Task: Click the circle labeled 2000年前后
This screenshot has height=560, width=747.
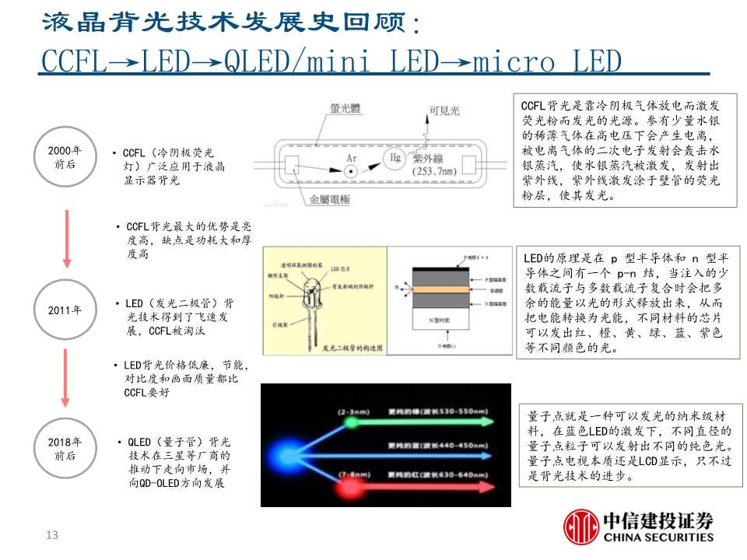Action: click(65, 156)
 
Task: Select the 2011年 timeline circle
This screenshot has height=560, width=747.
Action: click(65, 310)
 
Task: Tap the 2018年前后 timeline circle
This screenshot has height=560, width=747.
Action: click(65, 449)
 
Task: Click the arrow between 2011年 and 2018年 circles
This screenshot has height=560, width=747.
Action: click(65, 380)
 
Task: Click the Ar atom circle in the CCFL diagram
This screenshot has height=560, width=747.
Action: click(352, 170)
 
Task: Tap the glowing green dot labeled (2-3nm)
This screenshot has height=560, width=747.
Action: click(351, 422)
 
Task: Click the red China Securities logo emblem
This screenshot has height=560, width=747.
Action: click(580, 527)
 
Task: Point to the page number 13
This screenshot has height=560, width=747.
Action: click(53, 535)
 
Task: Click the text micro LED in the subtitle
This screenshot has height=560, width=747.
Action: click(548, 62)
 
